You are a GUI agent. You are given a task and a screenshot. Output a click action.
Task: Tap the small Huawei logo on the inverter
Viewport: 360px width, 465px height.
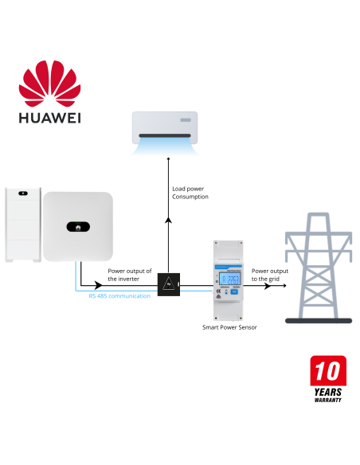tap(78, 225)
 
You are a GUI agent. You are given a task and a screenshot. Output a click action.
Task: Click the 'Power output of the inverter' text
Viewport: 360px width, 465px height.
tap(129, 275)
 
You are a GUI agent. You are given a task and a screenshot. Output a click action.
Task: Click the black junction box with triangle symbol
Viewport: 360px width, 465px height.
tap(168, 283)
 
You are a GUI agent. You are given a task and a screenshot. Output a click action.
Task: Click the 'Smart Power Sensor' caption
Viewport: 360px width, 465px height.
tap(229, 327)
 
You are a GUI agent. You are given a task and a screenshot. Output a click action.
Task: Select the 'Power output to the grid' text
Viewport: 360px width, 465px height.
tap(270, 275)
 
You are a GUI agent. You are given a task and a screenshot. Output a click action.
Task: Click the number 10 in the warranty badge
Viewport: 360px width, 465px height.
tap(328, 372)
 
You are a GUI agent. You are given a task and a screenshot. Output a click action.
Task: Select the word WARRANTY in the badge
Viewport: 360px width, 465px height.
tap(327, 400)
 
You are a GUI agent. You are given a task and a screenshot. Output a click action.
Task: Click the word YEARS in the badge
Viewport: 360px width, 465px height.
tap(327, 391)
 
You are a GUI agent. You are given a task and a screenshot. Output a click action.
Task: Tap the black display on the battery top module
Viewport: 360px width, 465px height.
tap(22, 193)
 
